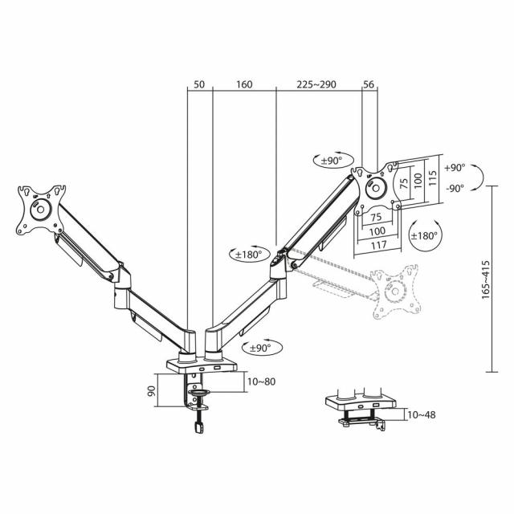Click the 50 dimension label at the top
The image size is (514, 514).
click(199, 84)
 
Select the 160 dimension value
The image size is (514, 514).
click(244, 84)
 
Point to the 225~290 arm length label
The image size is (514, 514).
click(319, 84)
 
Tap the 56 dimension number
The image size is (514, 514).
click(369, 84)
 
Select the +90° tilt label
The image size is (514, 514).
click(455, 168)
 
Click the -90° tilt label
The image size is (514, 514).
click(455, 190)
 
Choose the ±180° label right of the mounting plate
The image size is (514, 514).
click(425, 235)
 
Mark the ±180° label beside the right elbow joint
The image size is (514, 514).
click(247, 255)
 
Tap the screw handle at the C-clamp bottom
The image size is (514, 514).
click(198, 429)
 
